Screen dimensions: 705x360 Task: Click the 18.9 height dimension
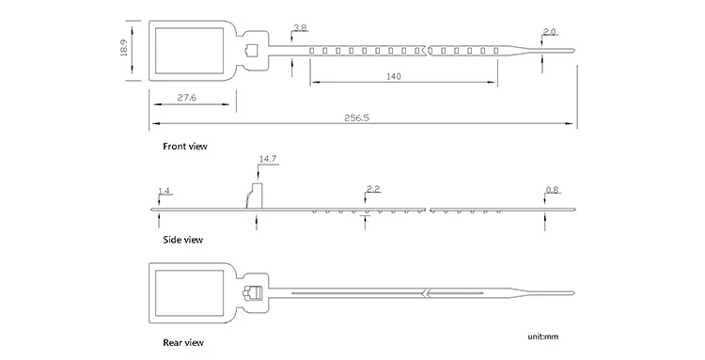click(124, 48)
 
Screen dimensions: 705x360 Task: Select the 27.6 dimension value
click(187, 97)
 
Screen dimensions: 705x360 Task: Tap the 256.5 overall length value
click(356, 117)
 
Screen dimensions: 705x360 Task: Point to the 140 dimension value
click(394, 76)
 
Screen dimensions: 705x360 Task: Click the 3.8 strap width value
click(300, 28)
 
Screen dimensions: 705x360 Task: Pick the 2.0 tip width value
click(550, 32)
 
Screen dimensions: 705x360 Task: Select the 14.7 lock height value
click(268, 159)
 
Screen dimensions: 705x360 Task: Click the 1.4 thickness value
click(164, 191)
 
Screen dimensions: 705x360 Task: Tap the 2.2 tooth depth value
click(373, 189)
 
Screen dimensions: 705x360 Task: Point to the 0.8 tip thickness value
click(552, 190)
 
